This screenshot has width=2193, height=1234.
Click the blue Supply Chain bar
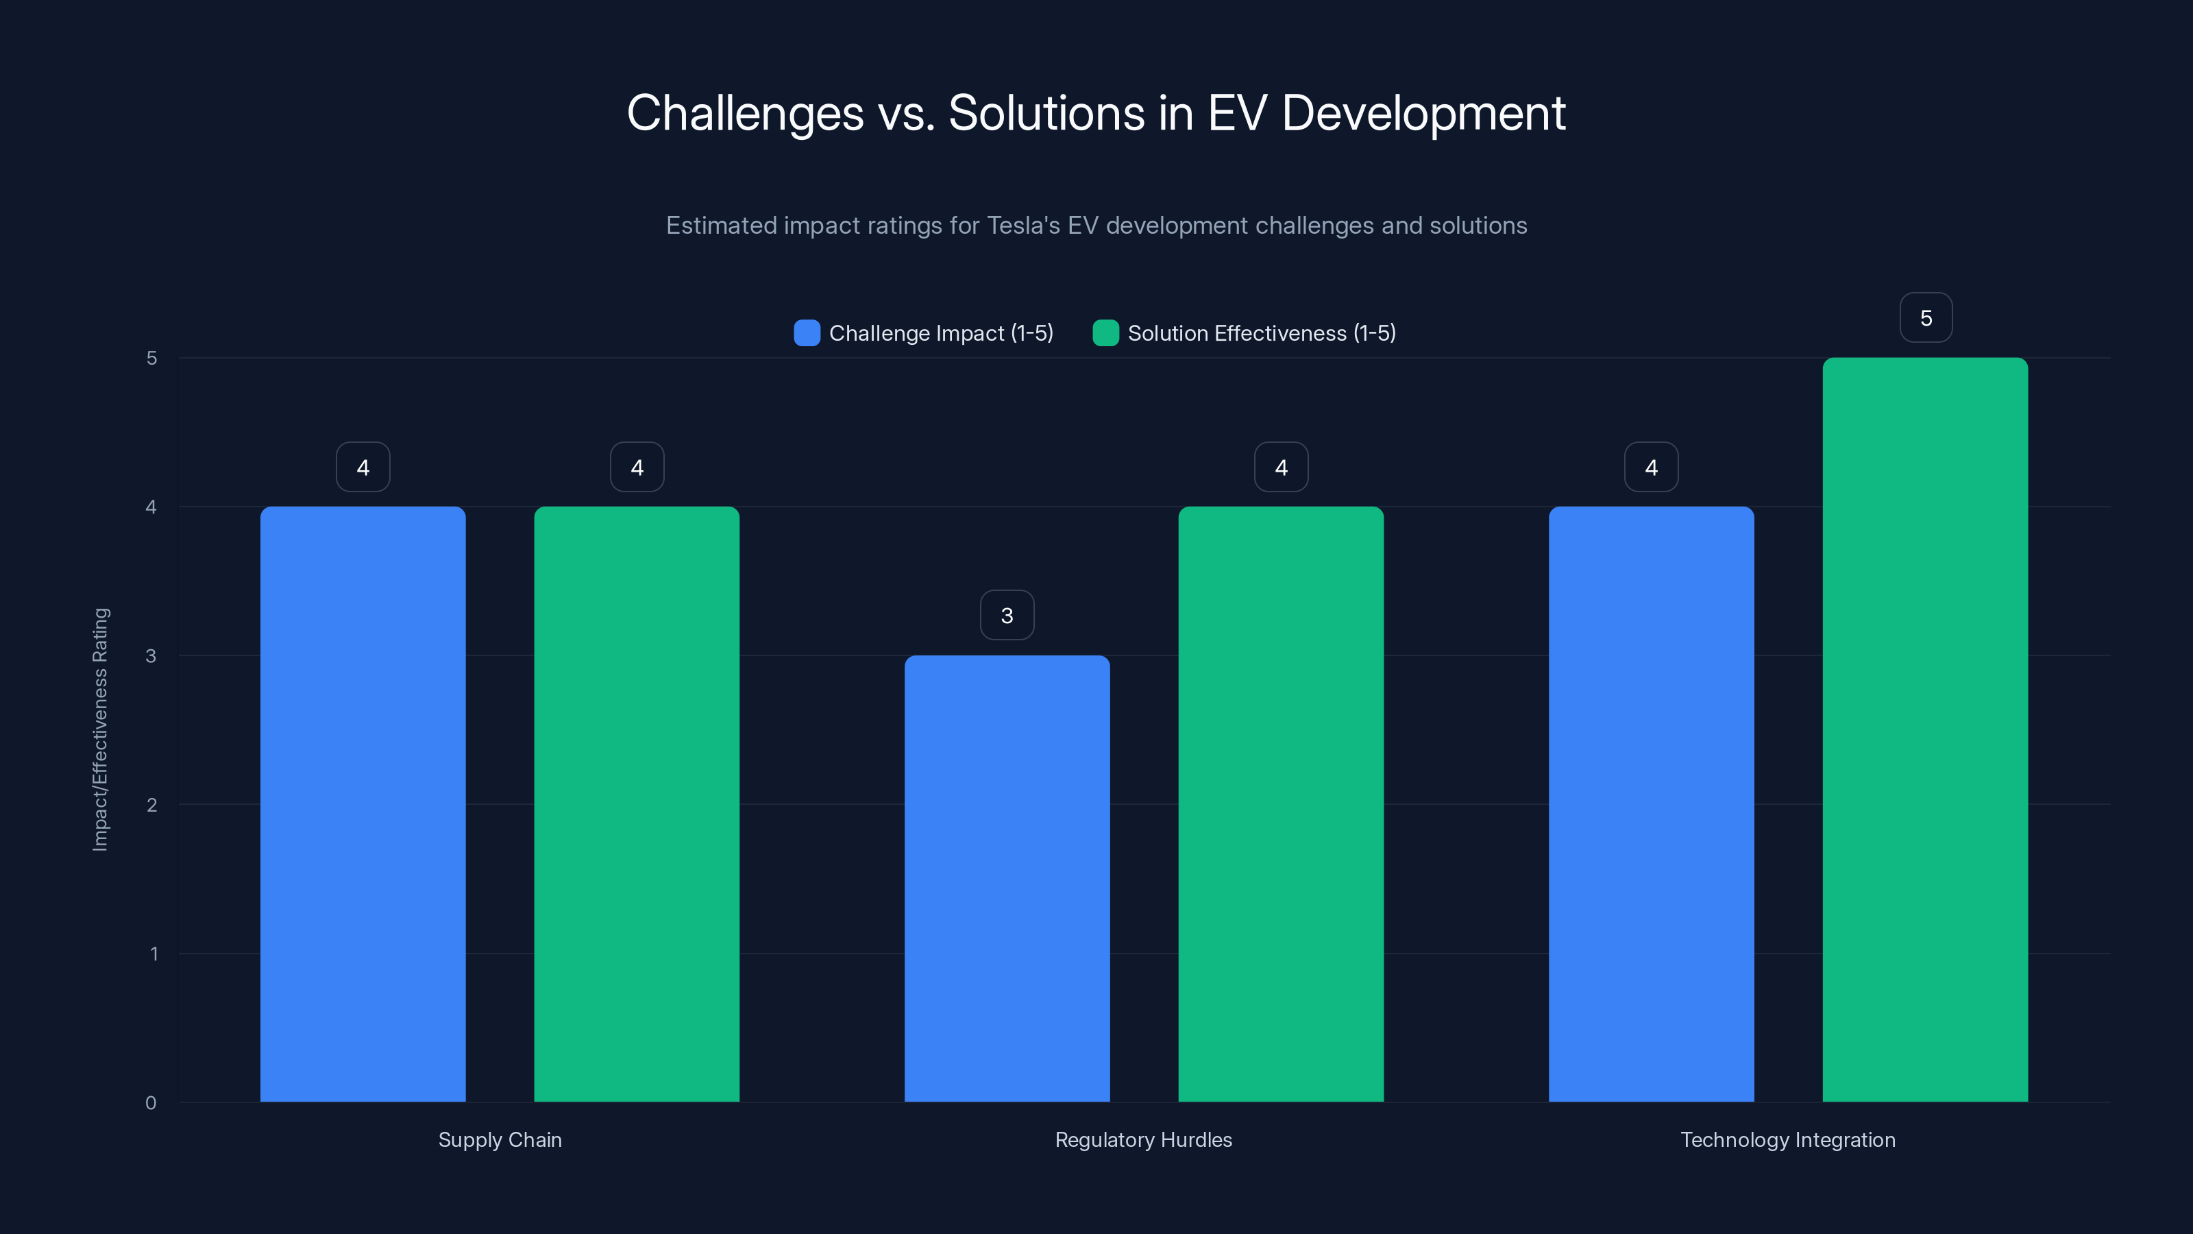tap(363, 804)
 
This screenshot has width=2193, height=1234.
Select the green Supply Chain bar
tap(637, 804)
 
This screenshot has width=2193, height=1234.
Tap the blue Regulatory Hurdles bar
tap(1007, 878)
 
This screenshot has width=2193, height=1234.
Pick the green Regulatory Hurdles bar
tap(1282, 804)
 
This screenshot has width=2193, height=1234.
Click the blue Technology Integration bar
tap(1652, 804)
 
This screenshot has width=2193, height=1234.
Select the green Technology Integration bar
tap(1926, 730)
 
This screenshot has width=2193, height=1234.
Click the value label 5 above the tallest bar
tap(1926, 317)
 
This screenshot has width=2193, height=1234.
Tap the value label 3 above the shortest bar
tap(1007, 615)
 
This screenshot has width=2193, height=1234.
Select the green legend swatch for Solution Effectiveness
tap(1105, 333)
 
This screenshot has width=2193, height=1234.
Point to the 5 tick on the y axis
tap(151, 358)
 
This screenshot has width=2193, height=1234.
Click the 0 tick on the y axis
tap(151, 1103)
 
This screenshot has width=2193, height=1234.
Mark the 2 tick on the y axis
tap(151, 805)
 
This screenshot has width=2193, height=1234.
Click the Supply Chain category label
tap(500, 1139)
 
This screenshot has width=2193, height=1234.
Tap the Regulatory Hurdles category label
tap(1143, 1139)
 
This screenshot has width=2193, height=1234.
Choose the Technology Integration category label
tap(1788, 1139)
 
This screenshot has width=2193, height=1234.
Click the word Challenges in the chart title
tap(745, 113)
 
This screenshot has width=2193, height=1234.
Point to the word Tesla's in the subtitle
tap(1023, 226)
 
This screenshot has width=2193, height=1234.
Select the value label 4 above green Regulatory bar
tap(1282, 467)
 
